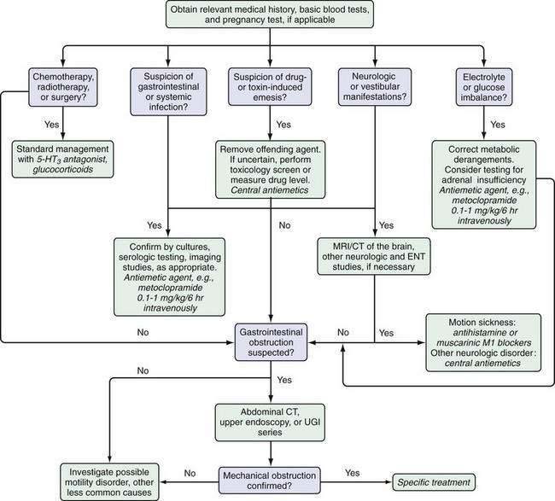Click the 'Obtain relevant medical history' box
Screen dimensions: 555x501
270,15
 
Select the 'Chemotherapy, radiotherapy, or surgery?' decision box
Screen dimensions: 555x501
63,87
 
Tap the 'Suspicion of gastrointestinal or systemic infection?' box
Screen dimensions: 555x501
168,92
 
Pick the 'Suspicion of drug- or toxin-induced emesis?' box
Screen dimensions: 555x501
270,87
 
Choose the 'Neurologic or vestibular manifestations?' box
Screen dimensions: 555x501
375,87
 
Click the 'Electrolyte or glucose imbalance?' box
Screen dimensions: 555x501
484,87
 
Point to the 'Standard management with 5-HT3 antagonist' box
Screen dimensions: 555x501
62,160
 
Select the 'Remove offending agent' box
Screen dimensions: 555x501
270,170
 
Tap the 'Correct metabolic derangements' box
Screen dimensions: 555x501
484,184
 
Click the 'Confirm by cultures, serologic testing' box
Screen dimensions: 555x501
170,277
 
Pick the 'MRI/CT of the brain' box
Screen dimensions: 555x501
374,257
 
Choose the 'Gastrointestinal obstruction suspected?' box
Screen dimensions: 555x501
271,342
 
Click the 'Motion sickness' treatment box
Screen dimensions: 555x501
483,342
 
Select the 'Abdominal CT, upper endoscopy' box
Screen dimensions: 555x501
270,422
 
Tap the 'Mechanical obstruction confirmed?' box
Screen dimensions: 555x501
269,481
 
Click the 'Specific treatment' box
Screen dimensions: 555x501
434,482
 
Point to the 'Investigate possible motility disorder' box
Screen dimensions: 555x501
109,482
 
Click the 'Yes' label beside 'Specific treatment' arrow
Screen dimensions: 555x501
352,473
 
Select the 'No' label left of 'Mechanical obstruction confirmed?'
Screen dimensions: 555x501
190,474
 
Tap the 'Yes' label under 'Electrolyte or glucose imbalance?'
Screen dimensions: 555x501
498,125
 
